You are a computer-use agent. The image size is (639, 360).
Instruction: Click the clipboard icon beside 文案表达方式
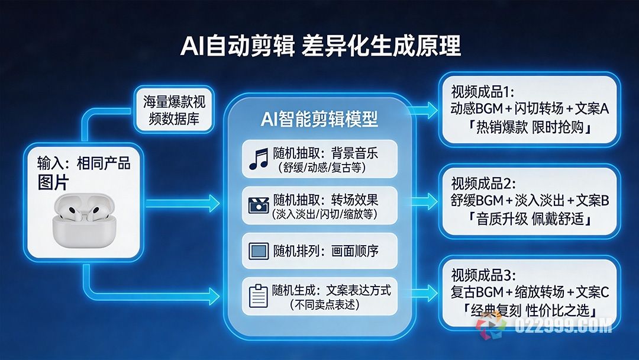pyautogui.click(x=258, y=295)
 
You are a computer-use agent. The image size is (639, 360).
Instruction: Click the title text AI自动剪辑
pyautogui.click(x=237, y=46)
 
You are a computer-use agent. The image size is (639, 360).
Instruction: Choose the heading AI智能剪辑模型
pyautogui.click(x=319, y=119)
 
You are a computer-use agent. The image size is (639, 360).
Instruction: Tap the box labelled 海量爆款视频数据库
pyautogui.click(x=171, y=110)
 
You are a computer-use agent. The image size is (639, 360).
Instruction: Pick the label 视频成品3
pyautogui.click(x=484, y=275)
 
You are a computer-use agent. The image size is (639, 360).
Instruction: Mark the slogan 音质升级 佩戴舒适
pyautogui.click(x=530, y=219)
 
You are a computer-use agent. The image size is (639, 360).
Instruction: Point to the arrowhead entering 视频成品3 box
pyautogui.click(x=431, y=290)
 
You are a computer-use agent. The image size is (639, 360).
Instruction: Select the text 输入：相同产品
pyautogui.click(x=83, y=163)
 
